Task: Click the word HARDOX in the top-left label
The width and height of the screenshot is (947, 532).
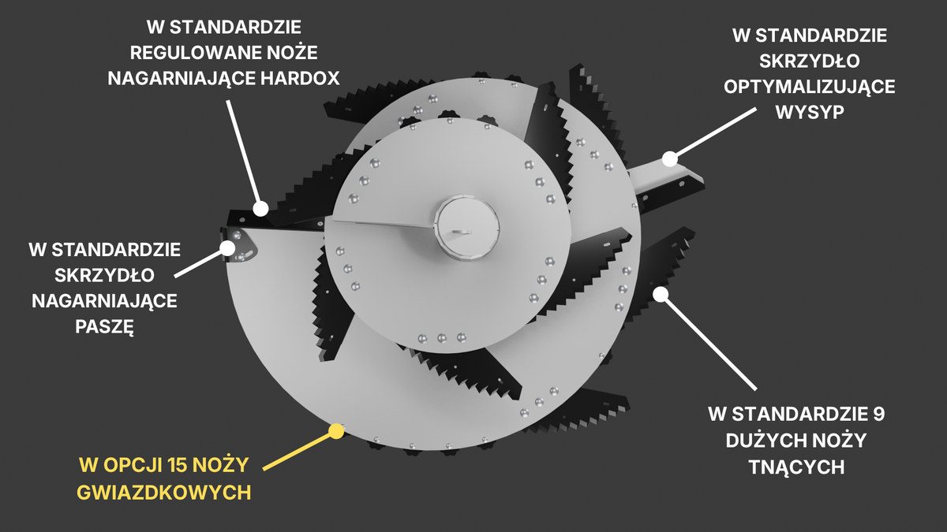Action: [300, 78]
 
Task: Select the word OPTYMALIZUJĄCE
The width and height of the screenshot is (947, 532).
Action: [809, 87]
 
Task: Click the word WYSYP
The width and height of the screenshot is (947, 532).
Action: [810, 112]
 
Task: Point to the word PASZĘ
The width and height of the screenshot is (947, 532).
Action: [104, 327]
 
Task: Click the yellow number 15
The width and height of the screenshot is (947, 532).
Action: [178, 465]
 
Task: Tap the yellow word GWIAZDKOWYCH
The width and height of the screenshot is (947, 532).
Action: [164, 493]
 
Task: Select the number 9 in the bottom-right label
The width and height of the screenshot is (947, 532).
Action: [878, 415]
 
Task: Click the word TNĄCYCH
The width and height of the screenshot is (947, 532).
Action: [796, 467]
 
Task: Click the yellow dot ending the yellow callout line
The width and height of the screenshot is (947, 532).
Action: [336, 431]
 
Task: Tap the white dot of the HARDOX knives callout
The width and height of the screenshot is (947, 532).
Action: [261, 209]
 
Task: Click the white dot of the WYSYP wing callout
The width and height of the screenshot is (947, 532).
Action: [670, 159]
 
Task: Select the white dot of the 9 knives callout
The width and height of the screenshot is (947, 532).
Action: [661, 294]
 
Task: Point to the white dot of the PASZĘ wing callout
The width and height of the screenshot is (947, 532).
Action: [227, 247]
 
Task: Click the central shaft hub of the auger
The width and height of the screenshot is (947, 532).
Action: [466, 228]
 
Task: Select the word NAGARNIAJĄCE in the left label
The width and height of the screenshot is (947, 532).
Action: [104, 301]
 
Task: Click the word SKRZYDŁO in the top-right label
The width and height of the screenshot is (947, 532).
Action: [809, 61]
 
